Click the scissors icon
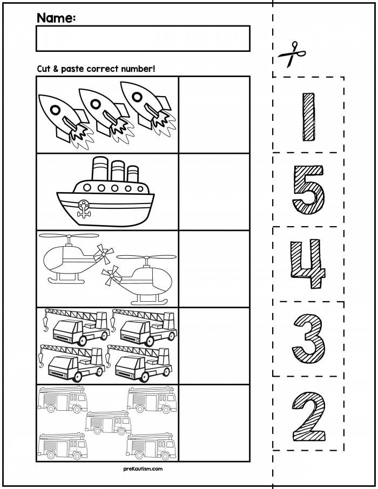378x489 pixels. point(292,55)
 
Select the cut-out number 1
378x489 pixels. point(308,117)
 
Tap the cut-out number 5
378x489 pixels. point(308,189)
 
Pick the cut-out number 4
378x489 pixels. point(308,264)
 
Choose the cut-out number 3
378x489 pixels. point(308,339)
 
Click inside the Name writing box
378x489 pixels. point(143,38)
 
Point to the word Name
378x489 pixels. point(55,18)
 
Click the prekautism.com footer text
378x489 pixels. point(143,470)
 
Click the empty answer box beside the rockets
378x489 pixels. point(214,114)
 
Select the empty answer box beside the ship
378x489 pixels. point(214,192)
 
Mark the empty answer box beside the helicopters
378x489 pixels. point(214,269)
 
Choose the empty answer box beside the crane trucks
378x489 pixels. point(214,345)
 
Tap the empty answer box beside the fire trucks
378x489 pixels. point(214,423)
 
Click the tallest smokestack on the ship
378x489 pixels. point(99,168)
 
